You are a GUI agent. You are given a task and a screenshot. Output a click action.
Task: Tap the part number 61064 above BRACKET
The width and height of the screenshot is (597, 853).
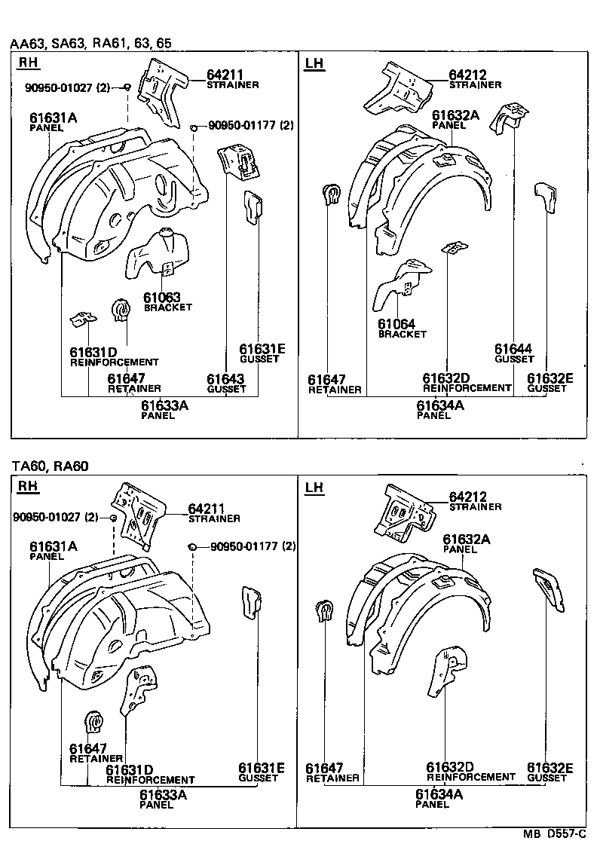[x=397, y=323]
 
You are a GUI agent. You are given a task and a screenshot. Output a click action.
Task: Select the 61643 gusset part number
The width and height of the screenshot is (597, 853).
[x=225, y=379]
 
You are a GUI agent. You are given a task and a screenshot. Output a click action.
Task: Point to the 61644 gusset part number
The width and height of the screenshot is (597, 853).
[x=513, y=348]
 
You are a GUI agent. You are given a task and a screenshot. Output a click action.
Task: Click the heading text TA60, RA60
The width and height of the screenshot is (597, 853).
[x=49, y=466]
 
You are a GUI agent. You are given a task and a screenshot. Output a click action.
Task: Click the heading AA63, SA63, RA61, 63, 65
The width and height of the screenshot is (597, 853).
[x=90, y=44]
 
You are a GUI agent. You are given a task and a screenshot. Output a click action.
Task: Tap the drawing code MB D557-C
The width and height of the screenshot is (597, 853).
[x=559, y=835]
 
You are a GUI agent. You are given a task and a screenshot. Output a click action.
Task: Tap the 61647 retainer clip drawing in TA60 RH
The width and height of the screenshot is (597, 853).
[x=94, y=723]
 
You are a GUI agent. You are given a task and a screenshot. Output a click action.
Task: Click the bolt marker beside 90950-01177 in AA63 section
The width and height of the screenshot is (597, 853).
[x=194, y=127]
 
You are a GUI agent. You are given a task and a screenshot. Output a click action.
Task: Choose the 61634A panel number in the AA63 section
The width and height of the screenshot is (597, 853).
[x=440, y=405]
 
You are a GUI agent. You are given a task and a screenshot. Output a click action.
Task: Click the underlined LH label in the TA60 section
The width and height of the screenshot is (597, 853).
[x=314, y=488]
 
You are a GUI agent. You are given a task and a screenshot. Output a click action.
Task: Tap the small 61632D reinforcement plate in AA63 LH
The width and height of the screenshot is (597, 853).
[x=454, y=247]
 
